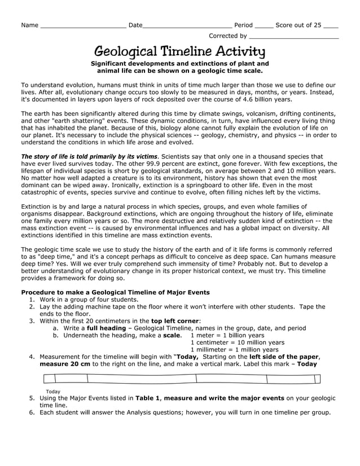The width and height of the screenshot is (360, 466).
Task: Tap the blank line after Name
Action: click(x=83, y=26)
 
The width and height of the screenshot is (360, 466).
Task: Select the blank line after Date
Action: click(x=187, y=26)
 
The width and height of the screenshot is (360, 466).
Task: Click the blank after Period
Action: click(x=264, y=26)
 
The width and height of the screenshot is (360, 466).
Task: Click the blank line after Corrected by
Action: click(x=293, y=37)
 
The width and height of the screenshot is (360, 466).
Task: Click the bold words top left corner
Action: click(x=175, y=320)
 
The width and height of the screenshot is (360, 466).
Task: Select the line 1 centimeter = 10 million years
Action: click(x=238, y=342)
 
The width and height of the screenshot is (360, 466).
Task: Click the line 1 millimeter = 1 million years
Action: click(x=235, y=349)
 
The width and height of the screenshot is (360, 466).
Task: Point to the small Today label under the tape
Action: click(x=53, y=391)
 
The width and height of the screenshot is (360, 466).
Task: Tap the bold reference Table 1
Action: click(x=148, y=398)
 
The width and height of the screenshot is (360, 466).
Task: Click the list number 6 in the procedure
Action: click(x=32, y=412)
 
